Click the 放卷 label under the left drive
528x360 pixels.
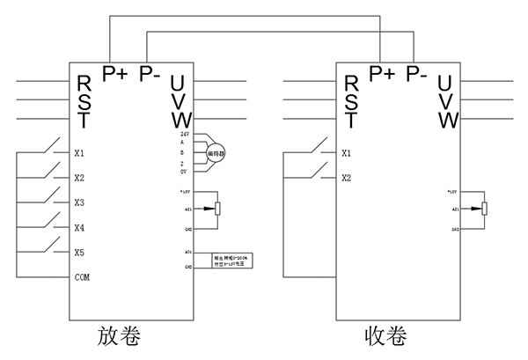pos(121,338)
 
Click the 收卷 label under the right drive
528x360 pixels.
pos(386,338)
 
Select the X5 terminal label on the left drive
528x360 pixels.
pos(79,253)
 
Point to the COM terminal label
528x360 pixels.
pos(82,277)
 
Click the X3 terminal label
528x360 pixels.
pos(79,202)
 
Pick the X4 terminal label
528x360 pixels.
pos(79,228)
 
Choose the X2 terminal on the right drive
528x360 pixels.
pos(346,178)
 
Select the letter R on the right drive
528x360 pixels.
pos(350,84)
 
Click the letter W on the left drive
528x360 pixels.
pos(180,119)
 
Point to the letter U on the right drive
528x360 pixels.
pos(446,84)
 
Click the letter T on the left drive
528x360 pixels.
pos(84,119)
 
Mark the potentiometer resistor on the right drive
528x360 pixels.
pos(484,209)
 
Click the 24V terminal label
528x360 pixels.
pos(185,133)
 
